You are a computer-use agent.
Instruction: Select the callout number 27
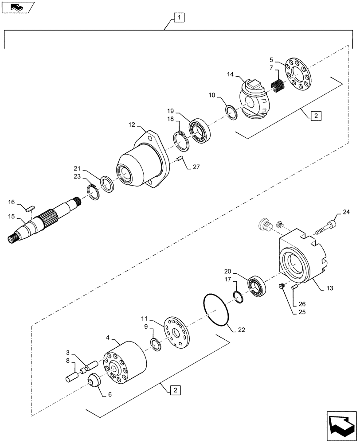(x=196, y=167)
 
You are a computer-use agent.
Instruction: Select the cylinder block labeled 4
(x=125, y=361)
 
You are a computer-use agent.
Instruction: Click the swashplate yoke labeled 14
(x=254, y=100)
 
